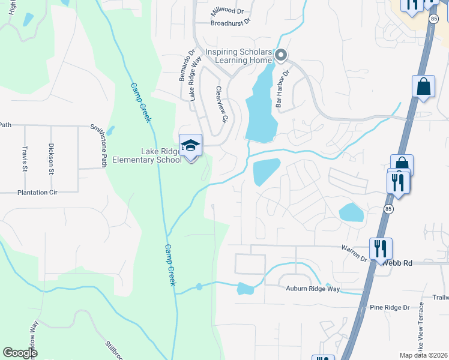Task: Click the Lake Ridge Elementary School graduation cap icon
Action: tap(191, 146)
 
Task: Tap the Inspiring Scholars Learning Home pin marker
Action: tap(281, 56)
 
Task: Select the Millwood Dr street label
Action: tap(227, 11)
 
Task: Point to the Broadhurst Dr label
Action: tap(230, 23)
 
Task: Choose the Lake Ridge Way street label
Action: tap(194, 85)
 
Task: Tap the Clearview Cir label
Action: tap(222, 104)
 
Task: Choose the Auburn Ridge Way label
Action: tap(313, 289)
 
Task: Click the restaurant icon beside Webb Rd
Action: tap(381, 248)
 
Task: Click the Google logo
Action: tap(20, 353)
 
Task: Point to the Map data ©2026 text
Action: tap(424, 355)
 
